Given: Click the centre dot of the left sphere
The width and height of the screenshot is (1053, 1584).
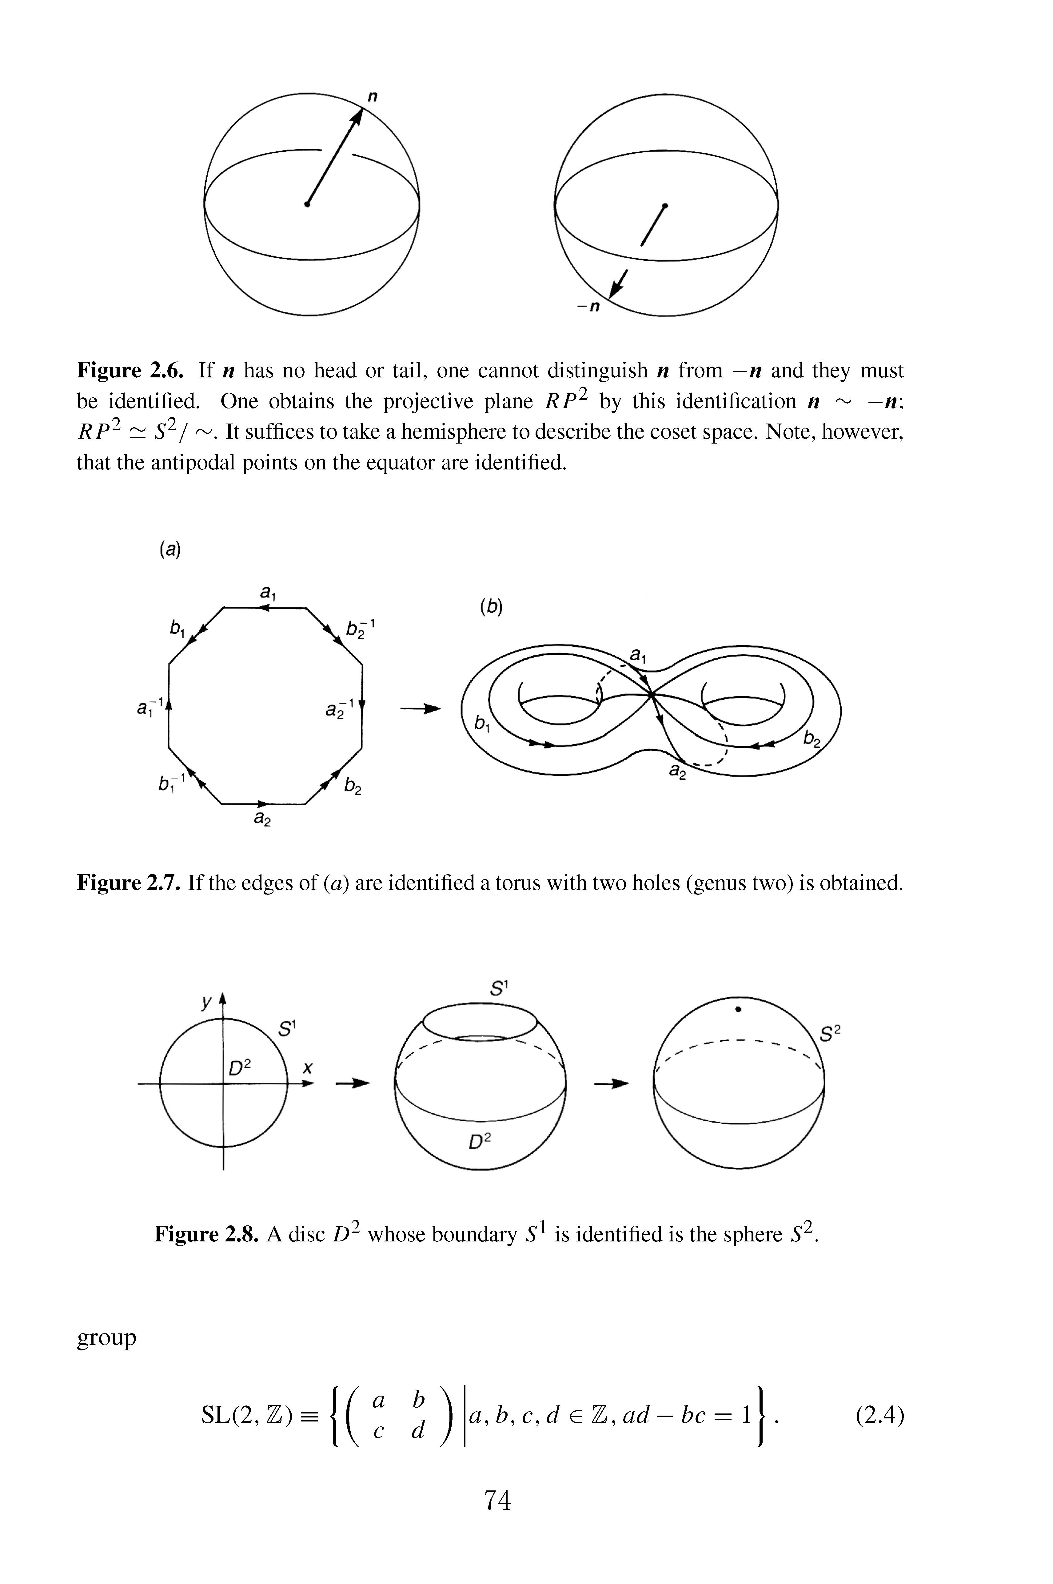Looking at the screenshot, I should point(307,204).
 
